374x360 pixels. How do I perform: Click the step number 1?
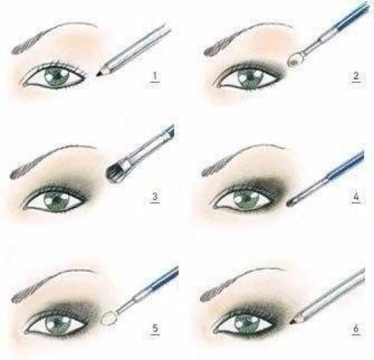155,76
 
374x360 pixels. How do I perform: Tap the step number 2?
356,76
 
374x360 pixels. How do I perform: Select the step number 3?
155,197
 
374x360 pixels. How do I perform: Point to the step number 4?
356,196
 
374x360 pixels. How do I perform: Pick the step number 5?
155,329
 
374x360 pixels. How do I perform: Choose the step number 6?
356,328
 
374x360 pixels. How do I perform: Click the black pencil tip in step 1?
99,73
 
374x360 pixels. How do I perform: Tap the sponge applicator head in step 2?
295,60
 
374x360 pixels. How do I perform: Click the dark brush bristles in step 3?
113,171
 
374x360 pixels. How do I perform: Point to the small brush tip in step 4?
291,202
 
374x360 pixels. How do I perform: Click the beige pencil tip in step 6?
293,321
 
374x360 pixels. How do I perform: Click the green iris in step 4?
245,199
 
